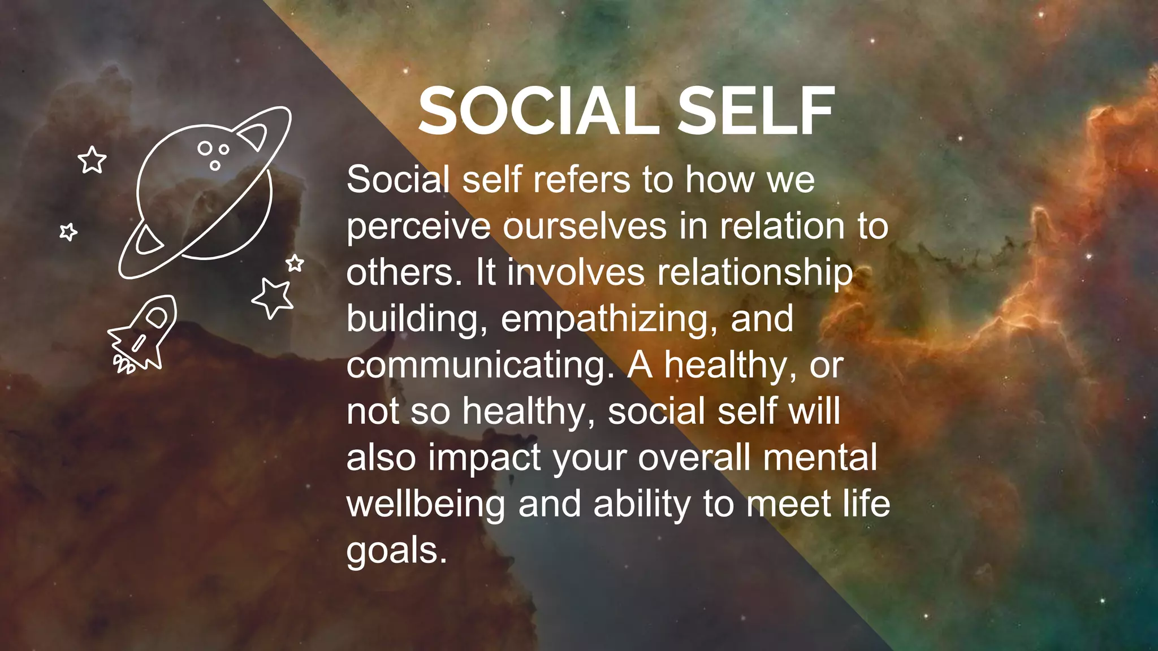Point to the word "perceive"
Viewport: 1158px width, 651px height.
[418, 227]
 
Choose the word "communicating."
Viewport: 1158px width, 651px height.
[481, 366]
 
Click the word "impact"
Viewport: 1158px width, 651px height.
[485, 459]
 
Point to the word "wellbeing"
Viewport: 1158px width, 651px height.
[425, 504]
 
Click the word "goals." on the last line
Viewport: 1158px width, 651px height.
[396, 552]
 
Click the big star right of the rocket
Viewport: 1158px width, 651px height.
[274, 297]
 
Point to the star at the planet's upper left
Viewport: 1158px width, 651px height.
[92, 160]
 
